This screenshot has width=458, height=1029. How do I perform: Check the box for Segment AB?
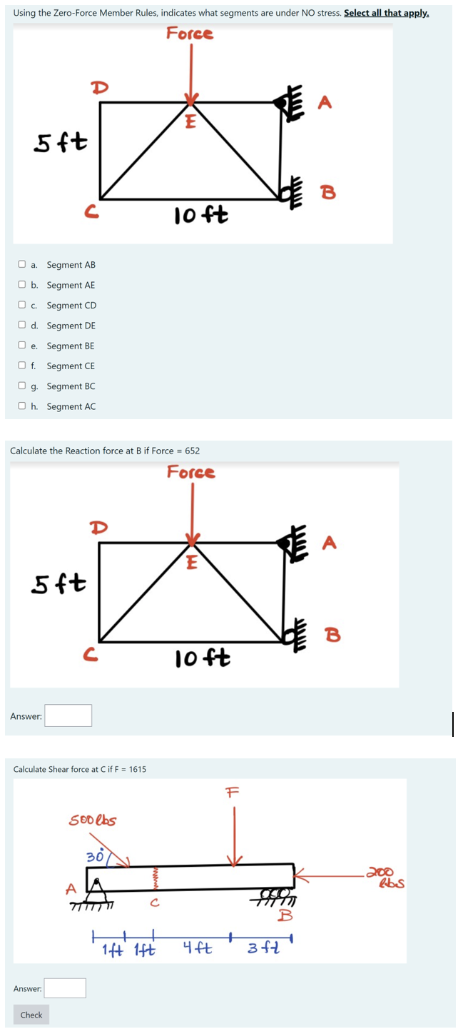[x=23, y=265]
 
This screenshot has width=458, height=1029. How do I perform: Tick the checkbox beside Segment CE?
[x=23, y=366]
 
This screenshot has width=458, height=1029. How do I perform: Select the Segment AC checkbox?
[x=23, y=407]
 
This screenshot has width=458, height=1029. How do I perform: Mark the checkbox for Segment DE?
[x=23, y=326]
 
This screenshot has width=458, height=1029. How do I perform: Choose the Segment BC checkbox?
[x=23, y=386]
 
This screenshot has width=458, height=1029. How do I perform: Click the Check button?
[x=31, y=1015]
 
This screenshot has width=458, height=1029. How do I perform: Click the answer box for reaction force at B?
[x=68, y=716]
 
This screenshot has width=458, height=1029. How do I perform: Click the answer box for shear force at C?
[x=65, y=988]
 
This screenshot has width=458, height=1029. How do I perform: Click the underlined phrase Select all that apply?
[x=386, y=14]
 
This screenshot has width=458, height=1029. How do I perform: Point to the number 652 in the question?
[x=192, y=451]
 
